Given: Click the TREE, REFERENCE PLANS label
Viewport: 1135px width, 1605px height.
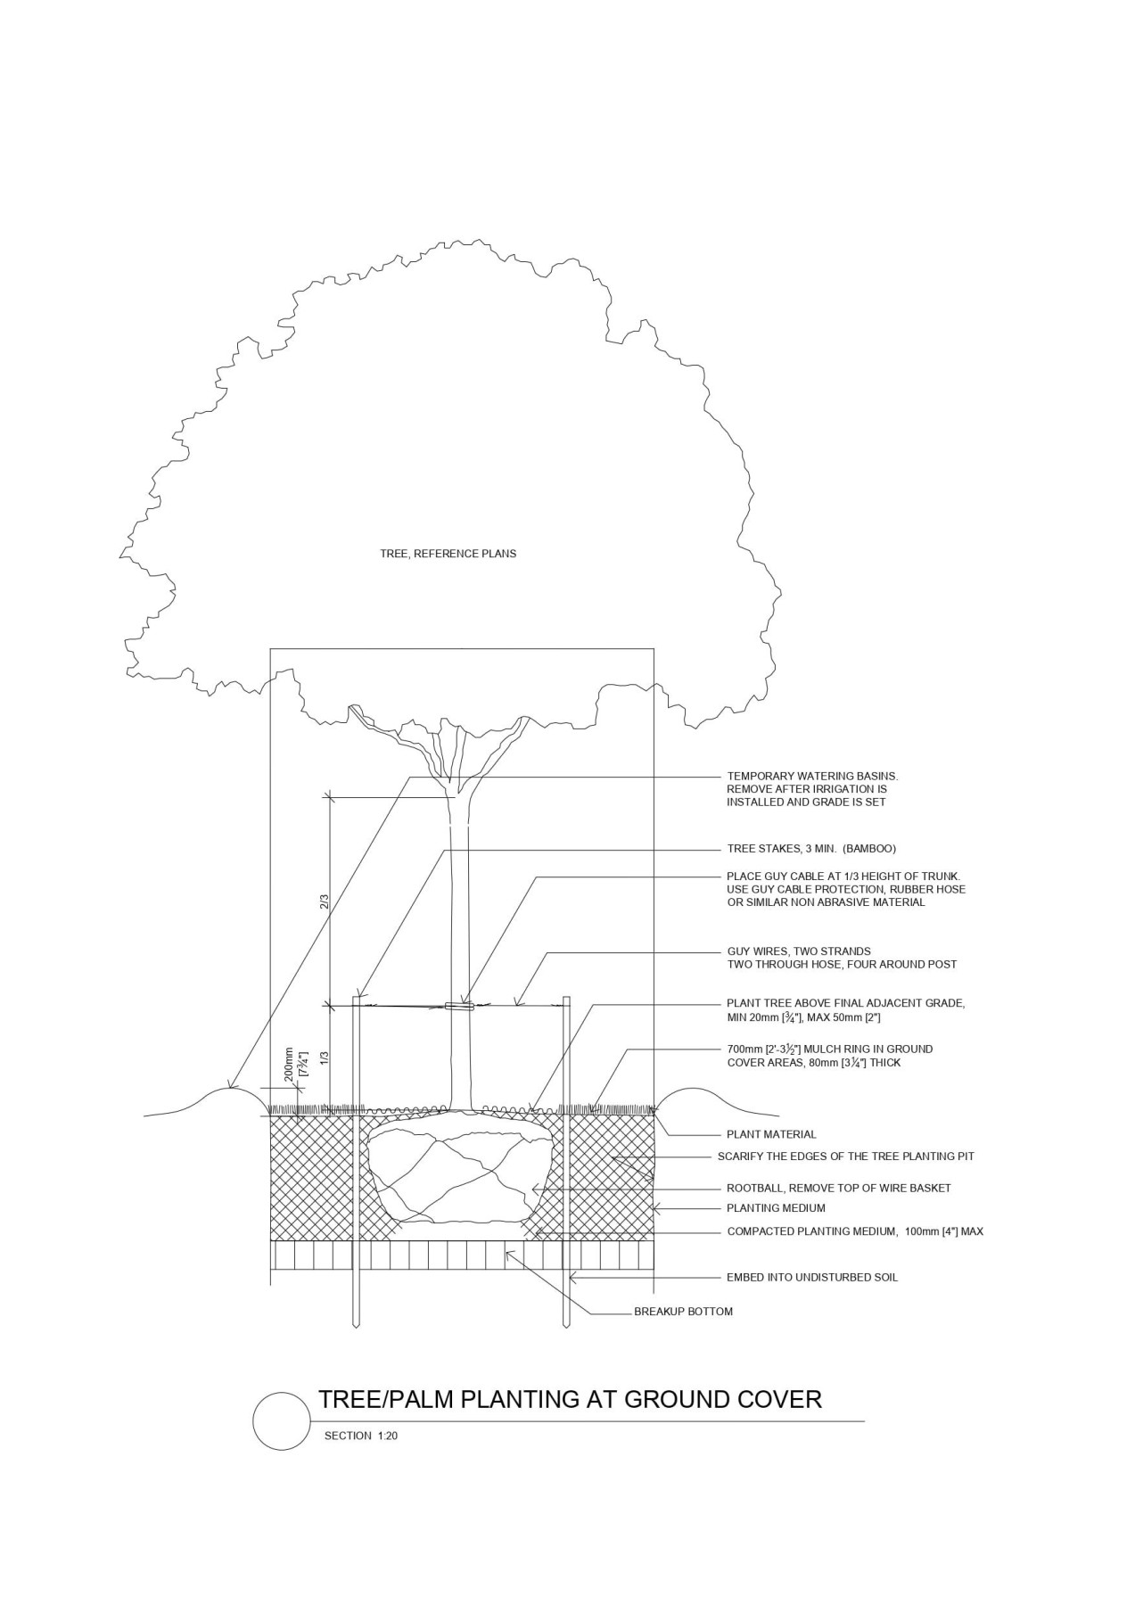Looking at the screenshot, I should click(x=448, y=554).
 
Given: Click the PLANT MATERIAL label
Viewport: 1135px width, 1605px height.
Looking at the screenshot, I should click(x=771, y=1135).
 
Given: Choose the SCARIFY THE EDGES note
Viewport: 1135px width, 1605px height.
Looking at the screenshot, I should click(x=845, y=1156).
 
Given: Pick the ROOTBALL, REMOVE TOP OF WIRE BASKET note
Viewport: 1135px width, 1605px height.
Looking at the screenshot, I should click(x=838, y=1189).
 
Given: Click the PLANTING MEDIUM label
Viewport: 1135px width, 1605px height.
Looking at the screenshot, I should click(x=776, y=1208).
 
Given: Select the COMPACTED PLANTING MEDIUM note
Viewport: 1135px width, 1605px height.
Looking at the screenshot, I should click(x=854, y=1231).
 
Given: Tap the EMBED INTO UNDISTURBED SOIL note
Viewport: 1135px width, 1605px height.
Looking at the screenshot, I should click(x=811, y=1278).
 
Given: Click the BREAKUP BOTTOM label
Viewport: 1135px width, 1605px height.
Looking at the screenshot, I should click(x=683, y=1312).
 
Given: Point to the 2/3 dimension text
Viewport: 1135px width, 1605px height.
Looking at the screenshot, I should click(x=325, y=901).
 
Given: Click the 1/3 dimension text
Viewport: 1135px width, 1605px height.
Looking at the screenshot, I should click(x=325, y=1058).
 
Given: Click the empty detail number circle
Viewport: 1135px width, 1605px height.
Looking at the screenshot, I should click(x=281, y=1420).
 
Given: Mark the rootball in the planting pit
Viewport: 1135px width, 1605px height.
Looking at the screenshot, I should click(x=455, y=1175).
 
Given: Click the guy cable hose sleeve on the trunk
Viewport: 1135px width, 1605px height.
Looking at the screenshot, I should click(x=458, y=1007).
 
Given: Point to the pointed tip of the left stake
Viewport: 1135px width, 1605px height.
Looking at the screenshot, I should click(x=356, y=1326).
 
